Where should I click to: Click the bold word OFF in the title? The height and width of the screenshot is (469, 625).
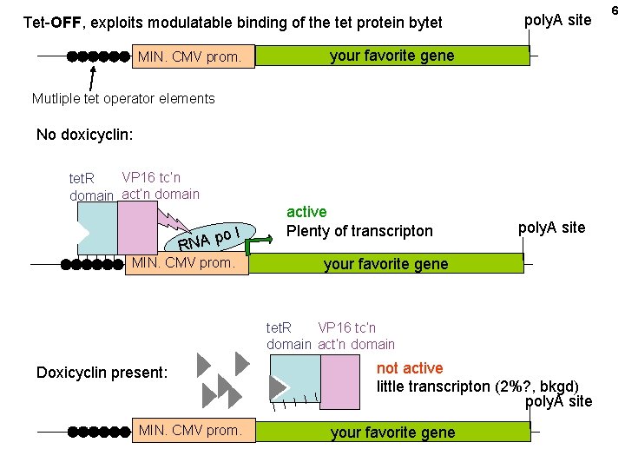tap(65, 22)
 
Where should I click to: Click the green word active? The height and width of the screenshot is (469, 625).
tap(306, 212)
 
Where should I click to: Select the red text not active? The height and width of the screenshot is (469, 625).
tap(409, 368)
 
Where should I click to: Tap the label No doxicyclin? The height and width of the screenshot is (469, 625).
tap(85, 135)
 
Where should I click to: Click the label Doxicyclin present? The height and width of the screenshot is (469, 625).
tap(102, 373)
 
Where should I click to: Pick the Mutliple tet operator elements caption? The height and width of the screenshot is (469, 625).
tap(123, 98)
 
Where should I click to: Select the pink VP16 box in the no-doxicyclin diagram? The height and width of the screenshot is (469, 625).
tap(137, 228)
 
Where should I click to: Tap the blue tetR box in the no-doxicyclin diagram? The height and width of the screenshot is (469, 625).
tap(96, 228)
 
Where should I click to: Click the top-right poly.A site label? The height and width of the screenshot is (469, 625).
tap(557, 19)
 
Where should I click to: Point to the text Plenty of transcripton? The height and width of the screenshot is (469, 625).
tap(359, 231)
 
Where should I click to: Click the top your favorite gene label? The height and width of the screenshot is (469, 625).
tap(391, 56)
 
